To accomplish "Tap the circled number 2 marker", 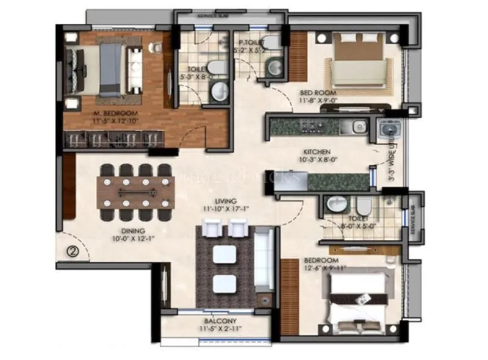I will [x=73, y=250].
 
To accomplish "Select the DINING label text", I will [x=132, y=231].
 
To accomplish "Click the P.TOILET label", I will [x=251, y=42].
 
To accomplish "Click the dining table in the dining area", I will [x=135, y=193].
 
